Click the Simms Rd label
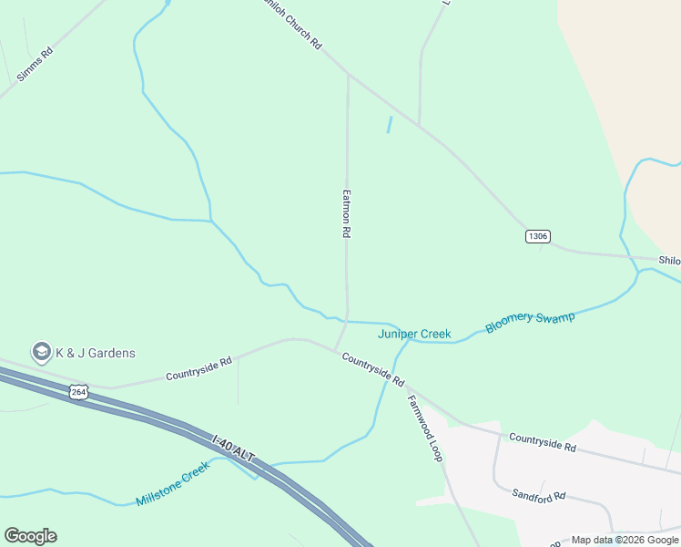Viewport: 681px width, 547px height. pyautogui.click(x=36, y=65)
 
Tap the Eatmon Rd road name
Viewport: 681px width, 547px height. pyautogui.click(x=346, y=213)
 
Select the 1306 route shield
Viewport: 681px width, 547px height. pyautogui.click(x=537, y=236)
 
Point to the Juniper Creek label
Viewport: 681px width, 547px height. pyautogui.click(x=414, y=335)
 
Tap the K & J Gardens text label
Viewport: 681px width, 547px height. pyautogui.click(x=95, y=353)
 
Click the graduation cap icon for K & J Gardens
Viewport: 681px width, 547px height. pyautogui.click(x=41, y=352)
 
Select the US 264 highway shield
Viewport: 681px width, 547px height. pyautogui.click(x=78, y=391)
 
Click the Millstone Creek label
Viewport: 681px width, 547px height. pyautogui.click(x=172, y=484)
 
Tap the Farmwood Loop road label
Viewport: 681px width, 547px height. pyautogui.click(x=424, y=428)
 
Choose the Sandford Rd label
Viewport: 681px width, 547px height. pyautogui.click(x=538, y=496)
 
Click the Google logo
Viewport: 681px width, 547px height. pyautogui.click(x=30, y=536)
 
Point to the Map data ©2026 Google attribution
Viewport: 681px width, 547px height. pyautogui.click(x=625, y=540)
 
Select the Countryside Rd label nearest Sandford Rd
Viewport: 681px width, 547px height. pyautogui.click(x=543, y=443)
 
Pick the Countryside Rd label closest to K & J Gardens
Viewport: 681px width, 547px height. pyautogui.click(x=198, y=368)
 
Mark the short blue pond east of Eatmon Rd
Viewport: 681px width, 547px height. pyautogui.click(x=390, y=125)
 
